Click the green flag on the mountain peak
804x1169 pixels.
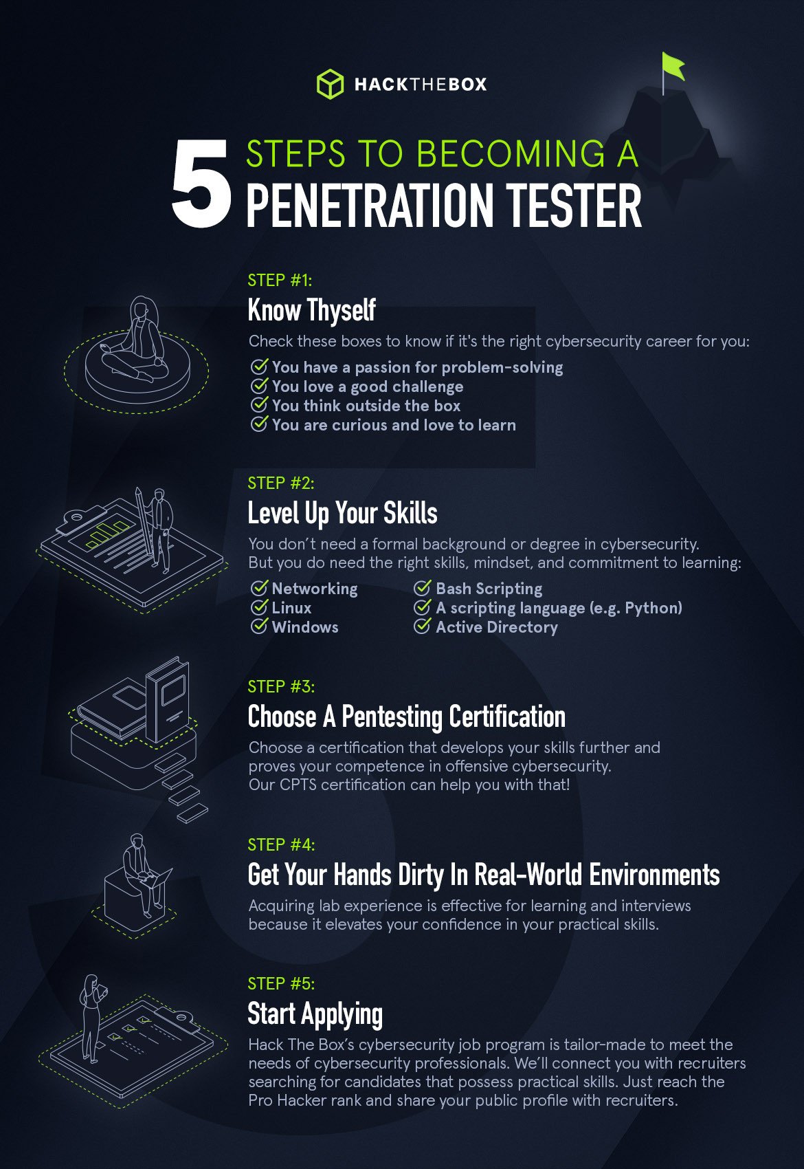tap(673, 66)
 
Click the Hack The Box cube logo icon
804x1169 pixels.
tap(330, 83)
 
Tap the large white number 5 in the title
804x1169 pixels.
tap(201, 183)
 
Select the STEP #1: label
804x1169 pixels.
tap(280, 281)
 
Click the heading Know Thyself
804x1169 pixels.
tap(311, 310)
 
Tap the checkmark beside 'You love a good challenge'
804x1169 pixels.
tap(259, 386)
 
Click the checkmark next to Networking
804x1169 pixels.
tap(259, 588)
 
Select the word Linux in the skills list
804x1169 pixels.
tap(291, 608)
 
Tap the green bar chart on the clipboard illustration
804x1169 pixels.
tap(107, 533)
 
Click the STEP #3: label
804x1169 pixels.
tap(281, 686)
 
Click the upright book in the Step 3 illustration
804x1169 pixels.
tap(168, 699)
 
